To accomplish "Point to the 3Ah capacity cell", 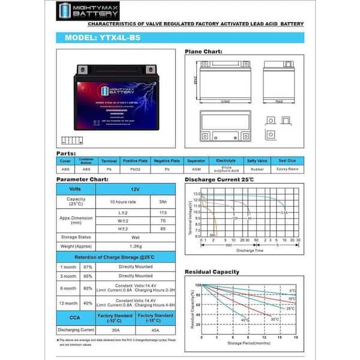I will point(163,202).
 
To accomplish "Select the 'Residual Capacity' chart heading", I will point(212,272).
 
